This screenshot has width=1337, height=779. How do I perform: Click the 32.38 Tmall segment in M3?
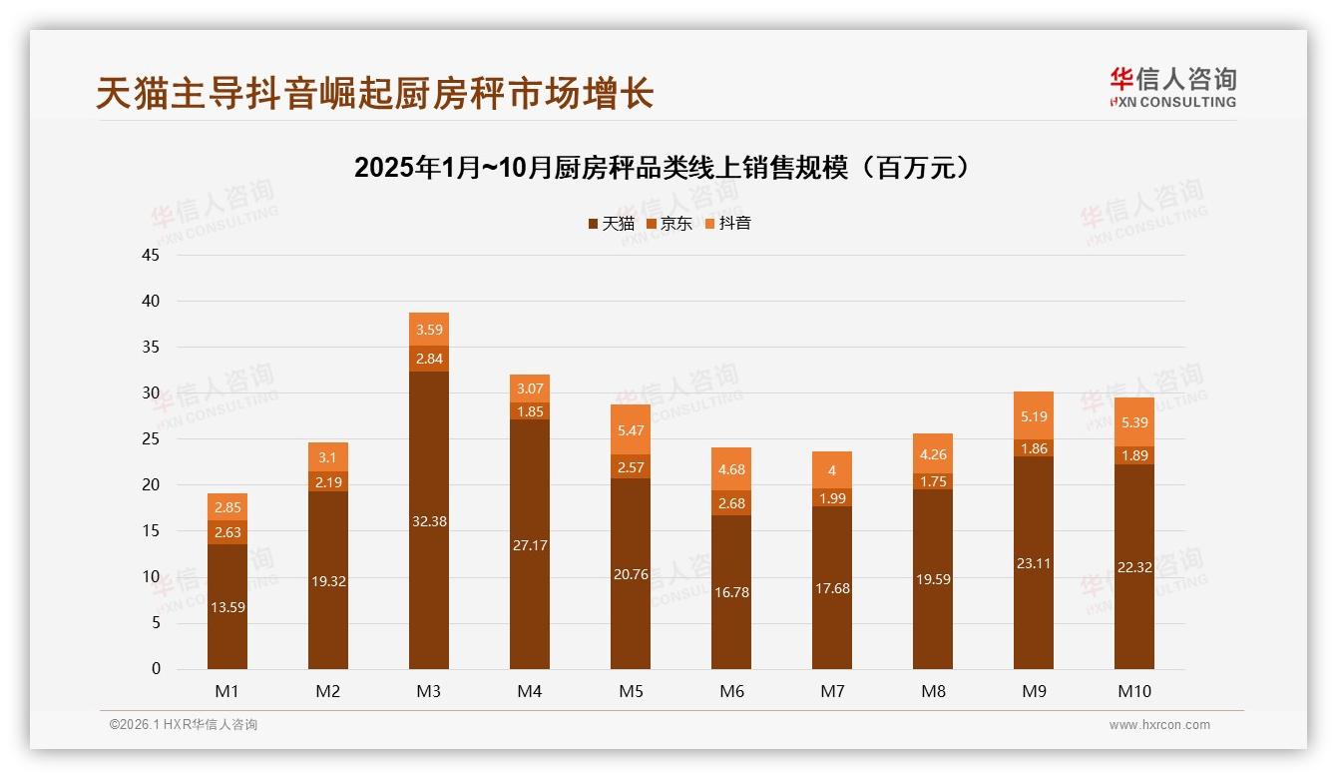coord(429,520)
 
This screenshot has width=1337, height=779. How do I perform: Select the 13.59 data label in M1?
coord(227,605)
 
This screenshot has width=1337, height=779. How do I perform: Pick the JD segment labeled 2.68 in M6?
coord(731,503)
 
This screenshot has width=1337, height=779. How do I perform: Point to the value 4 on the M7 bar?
coord(832,470)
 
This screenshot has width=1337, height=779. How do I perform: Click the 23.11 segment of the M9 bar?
coord(1034,563)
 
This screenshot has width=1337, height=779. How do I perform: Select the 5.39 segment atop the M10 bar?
coord(1134,422)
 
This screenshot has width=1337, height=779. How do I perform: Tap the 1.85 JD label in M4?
coord(530,411)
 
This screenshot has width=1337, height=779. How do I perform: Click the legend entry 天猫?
coord(611,224)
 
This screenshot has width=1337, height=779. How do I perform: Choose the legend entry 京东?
coord(669,224)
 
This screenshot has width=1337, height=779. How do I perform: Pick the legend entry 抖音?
coord(727,224)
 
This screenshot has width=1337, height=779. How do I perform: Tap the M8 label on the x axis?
coord(933,691)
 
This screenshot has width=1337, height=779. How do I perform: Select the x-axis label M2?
coord(328,691)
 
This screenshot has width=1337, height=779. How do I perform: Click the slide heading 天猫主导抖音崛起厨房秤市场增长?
coord(374,93)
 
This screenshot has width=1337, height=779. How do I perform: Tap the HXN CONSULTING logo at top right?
coord(1172,88)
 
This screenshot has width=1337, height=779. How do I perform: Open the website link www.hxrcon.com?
coord(1159,725)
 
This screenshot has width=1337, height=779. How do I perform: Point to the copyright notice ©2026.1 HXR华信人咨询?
coord(184,725)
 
